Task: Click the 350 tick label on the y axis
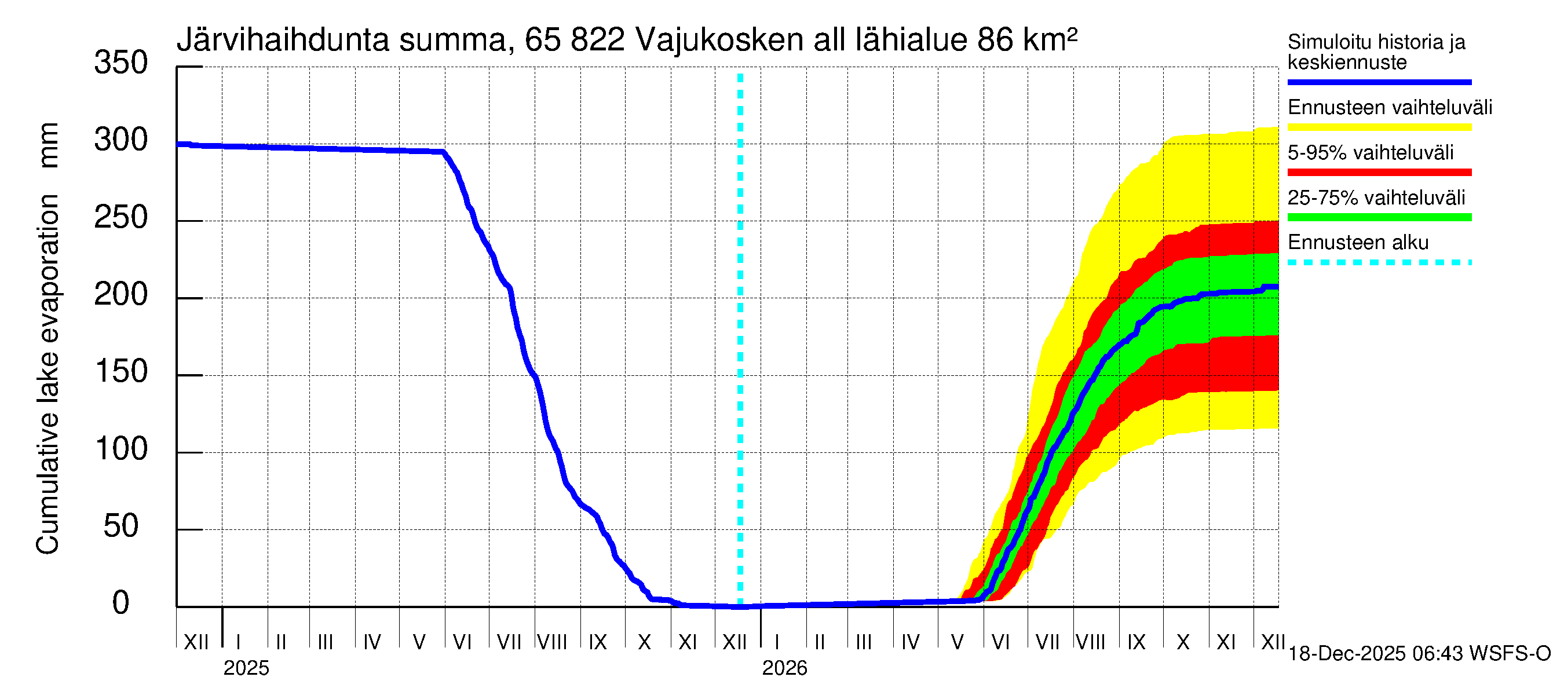[x=121, y=63]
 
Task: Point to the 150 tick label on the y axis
[x=121, y=371]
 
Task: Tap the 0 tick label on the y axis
[x=121, y=603]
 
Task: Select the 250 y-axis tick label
[x=121, y=217]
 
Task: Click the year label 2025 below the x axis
[x=246, y=668]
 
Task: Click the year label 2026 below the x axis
[x=784, y=668]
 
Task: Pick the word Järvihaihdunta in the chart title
[x=282, y=40]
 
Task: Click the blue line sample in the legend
[x=1379, y=82]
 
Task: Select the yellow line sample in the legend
[x=1379, y=127]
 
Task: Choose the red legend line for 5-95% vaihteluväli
[x=1379, y=173]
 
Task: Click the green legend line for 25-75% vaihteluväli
[x=1379, y=217]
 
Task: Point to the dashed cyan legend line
[x=1379, y=263]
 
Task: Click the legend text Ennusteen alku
[x=1358, y=243]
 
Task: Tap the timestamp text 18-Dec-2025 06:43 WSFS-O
[x=1419, y=654]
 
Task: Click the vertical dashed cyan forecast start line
[x=740, y=340]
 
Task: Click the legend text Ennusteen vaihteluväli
[x=1390, y=108]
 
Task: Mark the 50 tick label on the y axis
[x=121, y=526]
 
